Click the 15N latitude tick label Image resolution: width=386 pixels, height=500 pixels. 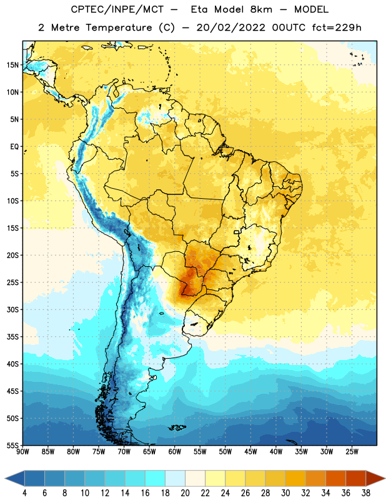coord(12,65)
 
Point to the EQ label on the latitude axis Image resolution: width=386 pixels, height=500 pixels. coord(14,147)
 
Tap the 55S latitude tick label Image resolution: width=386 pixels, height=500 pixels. coord(12,446)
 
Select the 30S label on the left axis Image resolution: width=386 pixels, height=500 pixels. coord(12,309)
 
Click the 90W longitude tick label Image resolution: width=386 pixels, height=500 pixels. coord(22,452)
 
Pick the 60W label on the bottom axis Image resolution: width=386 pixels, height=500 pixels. coord(175,452)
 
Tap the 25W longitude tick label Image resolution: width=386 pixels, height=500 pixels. coord(352,452)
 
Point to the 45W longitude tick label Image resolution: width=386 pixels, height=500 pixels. coord(250,452)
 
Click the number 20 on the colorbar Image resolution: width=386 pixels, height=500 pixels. coord(185,493)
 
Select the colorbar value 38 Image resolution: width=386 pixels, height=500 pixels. coord(366,493)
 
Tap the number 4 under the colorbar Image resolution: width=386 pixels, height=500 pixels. coord(24,493)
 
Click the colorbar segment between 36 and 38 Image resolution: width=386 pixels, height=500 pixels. coord(356,479)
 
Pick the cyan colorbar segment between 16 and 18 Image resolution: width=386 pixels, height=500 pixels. coord(156,479)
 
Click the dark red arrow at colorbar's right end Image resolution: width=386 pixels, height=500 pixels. coord(375,479)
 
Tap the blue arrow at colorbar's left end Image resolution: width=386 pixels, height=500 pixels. coord(14,479)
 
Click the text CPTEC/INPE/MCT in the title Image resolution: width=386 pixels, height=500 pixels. coord(117,9)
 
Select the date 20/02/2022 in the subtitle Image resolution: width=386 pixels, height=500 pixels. coord(230,27)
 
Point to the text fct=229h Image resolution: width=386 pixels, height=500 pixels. coord(337,27)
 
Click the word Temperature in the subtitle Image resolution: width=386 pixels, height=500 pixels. coord(119,28)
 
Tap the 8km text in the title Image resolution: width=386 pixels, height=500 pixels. coord(261,9)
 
